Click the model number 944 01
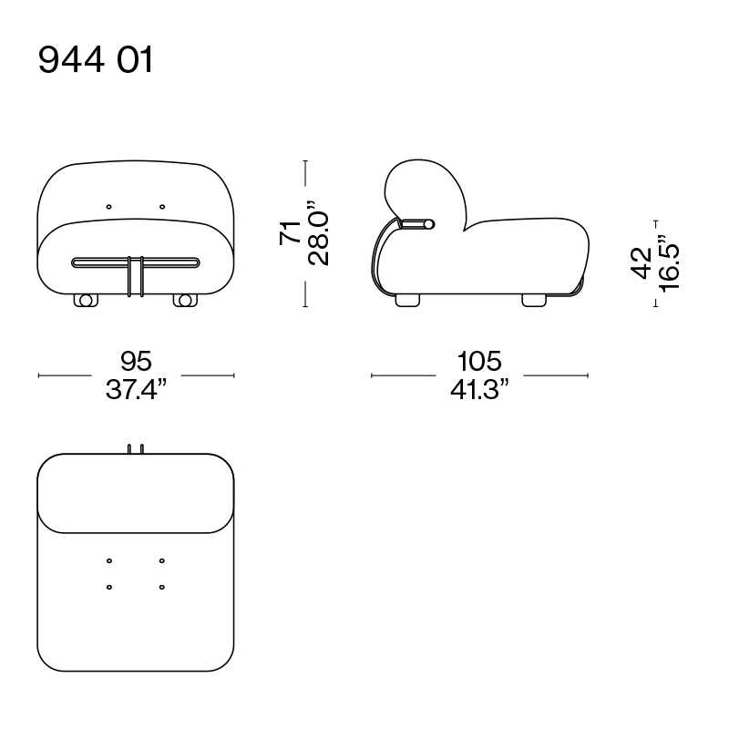click(96, 60)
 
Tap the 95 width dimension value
click(136, 361)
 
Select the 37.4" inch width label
click(136, 389)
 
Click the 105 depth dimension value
click(479, 361)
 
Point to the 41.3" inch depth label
click(479, 389)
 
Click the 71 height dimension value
click(290, 232)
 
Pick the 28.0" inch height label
click(318, 233)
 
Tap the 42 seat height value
click(641, 263)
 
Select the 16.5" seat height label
click(669, 263)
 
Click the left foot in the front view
click(86, 301)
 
